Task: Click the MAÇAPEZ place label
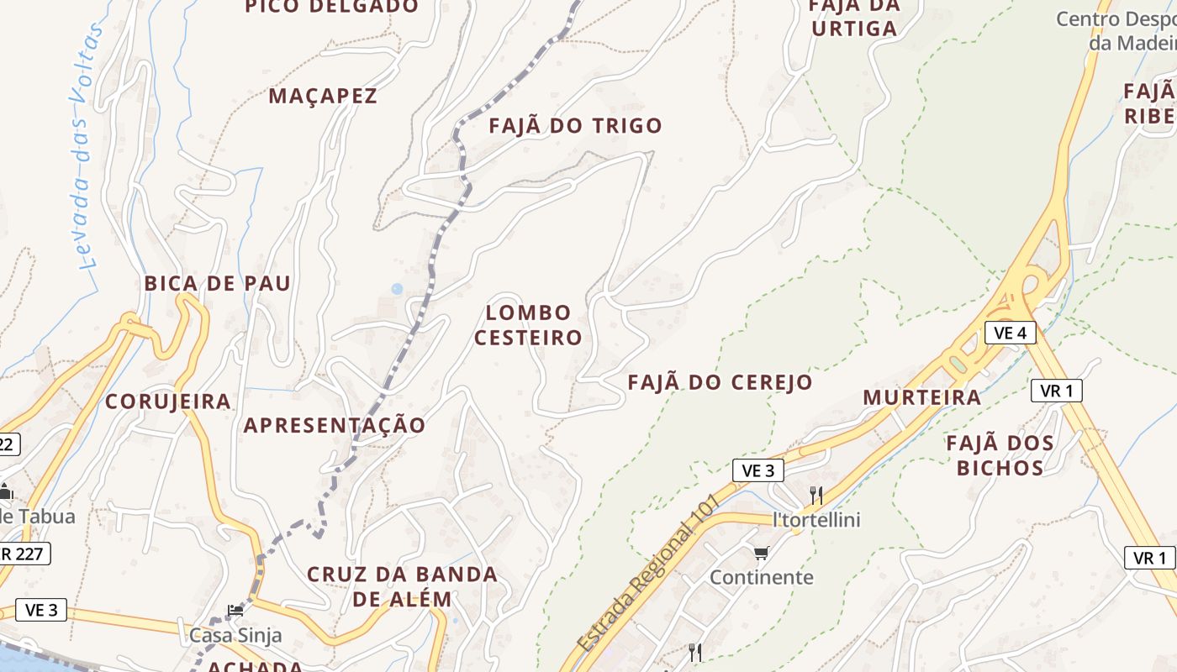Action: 323,96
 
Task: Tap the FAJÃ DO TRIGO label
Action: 576,126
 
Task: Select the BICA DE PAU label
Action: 218,283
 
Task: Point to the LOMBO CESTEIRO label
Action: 529,325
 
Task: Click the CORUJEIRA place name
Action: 168,402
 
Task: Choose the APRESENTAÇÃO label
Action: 335,425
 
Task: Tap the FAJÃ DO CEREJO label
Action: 720,382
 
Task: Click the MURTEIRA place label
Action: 922,397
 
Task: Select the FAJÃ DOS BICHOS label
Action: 1000,455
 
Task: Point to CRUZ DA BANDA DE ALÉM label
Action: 402,586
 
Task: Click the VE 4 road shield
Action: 1011,333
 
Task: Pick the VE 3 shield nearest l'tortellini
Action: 758,470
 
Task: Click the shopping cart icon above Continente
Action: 762,553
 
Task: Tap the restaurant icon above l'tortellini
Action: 815,495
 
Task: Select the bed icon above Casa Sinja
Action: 235,611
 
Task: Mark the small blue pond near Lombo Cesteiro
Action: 397,289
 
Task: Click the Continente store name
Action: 762,578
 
